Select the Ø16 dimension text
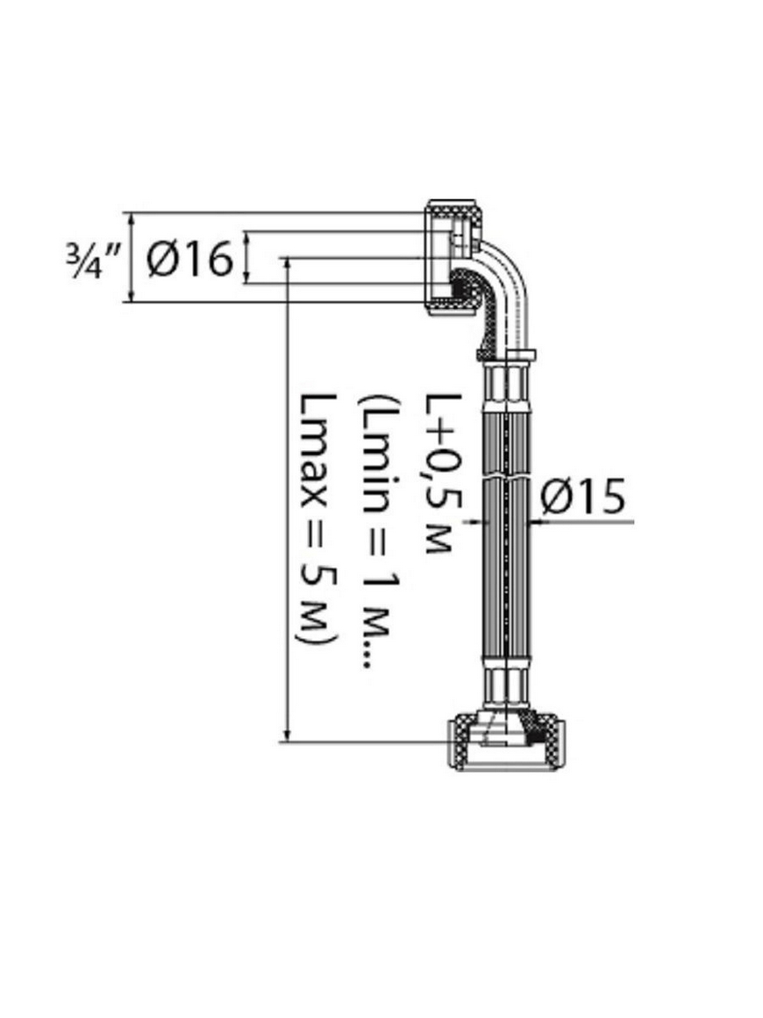pyautogui.click(x=189, y=259)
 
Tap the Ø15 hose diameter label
pyautogui.click(x=582, y=497)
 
